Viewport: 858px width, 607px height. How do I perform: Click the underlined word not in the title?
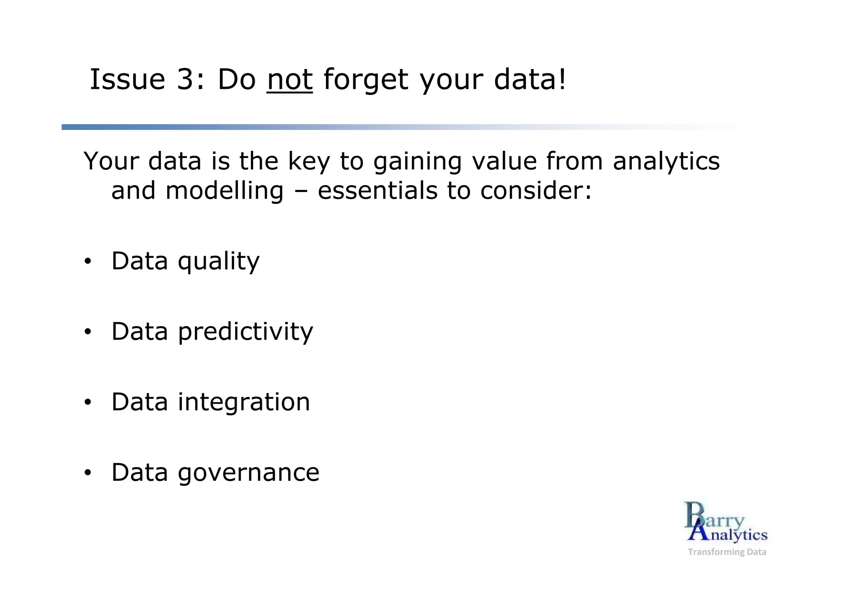coord(289,80)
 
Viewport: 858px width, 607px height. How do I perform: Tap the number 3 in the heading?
coord(184,80)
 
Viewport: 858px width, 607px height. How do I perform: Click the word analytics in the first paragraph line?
coord(666,162)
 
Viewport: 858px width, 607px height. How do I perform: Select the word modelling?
coord(225,191)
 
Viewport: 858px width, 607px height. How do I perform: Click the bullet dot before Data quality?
coord(87,262)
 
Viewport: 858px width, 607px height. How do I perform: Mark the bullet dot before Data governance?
coord(87,473)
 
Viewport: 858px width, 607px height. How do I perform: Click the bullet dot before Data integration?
coord(87,403)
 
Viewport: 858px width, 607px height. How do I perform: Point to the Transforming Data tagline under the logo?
coord(727,552)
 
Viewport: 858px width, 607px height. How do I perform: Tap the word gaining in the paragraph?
coord(417,162)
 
